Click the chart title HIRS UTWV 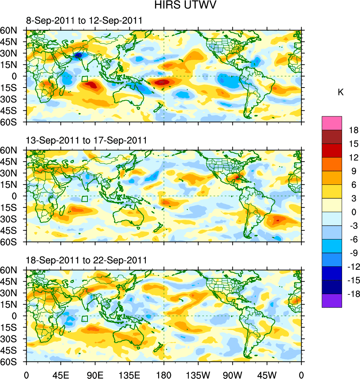[180, 5]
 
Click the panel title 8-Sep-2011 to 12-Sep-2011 [84, 21]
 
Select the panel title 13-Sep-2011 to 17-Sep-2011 [86, 140]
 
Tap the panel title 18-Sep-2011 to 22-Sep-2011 [86, 260]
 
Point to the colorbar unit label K [341, 92]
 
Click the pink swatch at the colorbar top [332, 123]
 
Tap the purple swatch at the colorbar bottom [332, 301]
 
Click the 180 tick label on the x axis [164, 374]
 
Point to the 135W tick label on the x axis [198, 374]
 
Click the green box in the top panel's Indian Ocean [85, 79]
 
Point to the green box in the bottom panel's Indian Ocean [85, 318]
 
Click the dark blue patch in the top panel [78, 55]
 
